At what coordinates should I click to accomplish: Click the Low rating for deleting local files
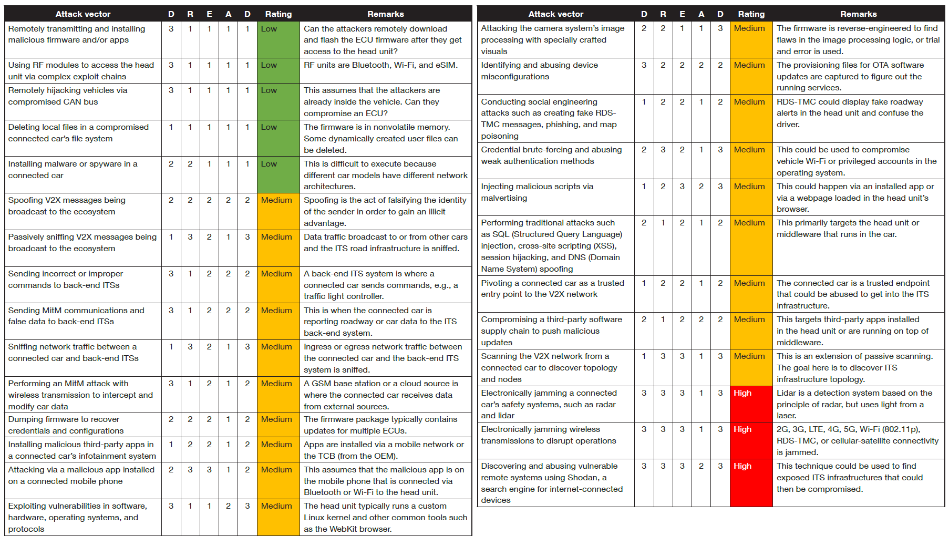click(x=269, y=127)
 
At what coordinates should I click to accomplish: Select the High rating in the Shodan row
click(x=742, y=466)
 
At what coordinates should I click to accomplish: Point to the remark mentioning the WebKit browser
click(x=385, y=518)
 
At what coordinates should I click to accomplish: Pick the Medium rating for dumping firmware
click(x=276, y=419)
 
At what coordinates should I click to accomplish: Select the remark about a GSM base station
click(x=380, y=395)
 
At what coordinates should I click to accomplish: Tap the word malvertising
click(x=504, y=198)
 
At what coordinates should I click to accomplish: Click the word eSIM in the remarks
click(x=445, y=65)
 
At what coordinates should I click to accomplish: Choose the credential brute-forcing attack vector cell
click(x=551, y=156)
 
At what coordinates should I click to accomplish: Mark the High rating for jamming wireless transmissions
click(x=742, y=429)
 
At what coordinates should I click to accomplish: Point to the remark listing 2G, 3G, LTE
click(x=857, y=441)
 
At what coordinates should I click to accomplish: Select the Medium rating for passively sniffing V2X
click(x=276, y=237)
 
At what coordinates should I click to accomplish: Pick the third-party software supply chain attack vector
click(x=551, y=331)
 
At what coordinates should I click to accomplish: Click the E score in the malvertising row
click(x=682, y=187)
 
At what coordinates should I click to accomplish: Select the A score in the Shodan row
click(x=701, y=466)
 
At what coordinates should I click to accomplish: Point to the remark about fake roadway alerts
click(x=850, y=113)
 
